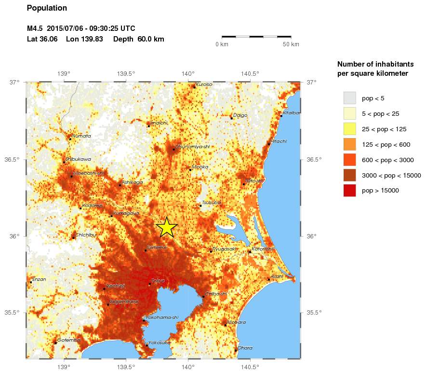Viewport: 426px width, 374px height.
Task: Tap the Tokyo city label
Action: (158, 280)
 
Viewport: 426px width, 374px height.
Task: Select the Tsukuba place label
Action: (212, 203)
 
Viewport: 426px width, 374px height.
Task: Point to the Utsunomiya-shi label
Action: (192, 146)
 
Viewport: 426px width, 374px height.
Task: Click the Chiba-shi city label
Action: (216, 293)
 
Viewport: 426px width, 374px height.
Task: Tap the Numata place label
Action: (81, 136)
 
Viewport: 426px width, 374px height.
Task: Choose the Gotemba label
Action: (68, 340)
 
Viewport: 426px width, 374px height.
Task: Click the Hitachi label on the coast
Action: (279, 141)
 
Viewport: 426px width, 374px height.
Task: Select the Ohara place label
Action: (245, 347)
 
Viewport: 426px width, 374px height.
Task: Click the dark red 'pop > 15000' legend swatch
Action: (349, 191)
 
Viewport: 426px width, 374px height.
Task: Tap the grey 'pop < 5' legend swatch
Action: (349, 98)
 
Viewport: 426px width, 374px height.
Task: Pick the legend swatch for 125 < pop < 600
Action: (349, 144)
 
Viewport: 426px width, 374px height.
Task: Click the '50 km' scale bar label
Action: (291, 44)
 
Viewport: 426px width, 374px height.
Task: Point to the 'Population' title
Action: (47, 8)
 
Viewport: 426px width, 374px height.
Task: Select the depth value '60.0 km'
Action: (151, 39)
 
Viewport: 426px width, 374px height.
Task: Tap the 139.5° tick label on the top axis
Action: (126, 74)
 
